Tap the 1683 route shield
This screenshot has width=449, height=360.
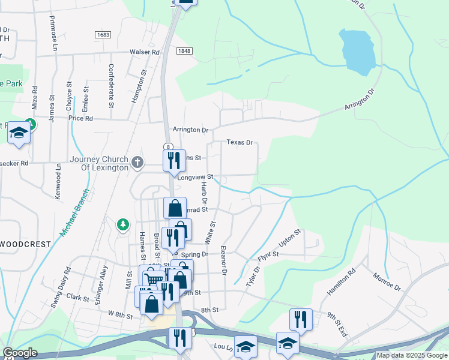click(103, 35)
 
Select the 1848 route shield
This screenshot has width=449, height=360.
click(184, 52)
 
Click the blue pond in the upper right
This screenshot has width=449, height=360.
click(357, 50)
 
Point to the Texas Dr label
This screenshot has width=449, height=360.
click(239, 143)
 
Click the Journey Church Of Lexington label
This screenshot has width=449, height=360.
click(99, 163)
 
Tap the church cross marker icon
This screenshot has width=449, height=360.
click(137, 161)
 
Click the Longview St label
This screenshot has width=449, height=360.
click(195, 177)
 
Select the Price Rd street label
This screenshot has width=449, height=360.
click(80, 119)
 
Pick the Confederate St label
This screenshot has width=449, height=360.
click(111, 85)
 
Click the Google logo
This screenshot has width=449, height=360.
click(20, 353)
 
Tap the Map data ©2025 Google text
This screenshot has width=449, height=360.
click(412, 355)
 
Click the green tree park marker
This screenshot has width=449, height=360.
click(123, 224)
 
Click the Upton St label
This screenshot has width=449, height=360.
click(291, 238)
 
